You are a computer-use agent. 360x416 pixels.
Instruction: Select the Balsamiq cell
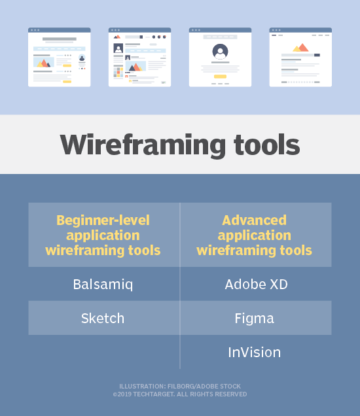tap(103, 285)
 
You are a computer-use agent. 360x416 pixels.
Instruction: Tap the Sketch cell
tap(103, 319)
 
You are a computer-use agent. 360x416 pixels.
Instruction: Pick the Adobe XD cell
tap(256, 285)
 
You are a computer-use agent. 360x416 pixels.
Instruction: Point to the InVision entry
tap(254, 353)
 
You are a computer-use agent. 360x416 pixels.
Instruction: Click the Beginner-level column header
tap(103, 235)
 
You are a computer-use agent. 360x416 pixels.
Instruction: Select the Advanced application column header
tap(255, 235)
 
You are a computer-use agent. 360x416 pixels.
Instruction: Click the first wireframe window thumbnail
tap(59, 57)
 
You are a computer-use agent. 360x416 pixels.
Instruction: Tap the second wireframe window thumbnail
tap(139, 57)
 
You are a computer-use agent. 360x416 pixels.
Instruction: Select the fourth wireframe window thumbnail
tap(300, 57)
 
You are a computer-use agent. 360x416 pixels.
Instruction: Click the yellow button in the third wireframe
tap(220, 77)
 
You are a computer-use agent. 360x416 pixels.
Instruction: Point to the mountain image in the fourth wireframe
tap(300, 48)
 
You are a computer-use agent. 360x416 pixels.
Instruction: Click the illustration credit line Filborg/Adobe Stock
tap(180, 387)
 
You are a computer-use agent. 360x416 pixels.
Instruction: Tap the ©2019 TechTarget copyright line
tap(180, 394)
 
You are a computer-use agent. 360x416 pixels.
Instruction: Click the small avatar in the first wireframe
tap(82, 58)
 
